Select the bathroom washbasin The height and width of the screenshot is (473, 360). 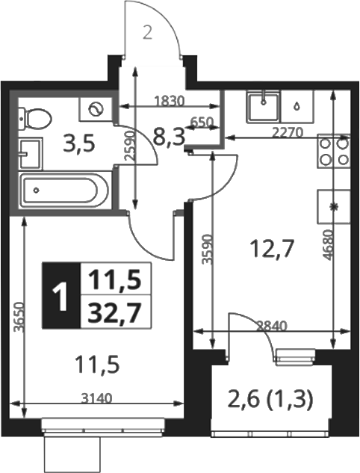[x=30, y=154]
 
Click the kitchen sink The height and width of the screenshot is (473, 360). [x=263, y=107]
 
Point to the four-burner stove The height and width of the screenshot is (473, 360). [x=333, y=151]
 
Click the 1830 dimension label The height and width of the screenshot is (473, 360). [x=169, y=101]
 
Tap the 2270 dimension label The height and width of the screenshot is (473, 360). [x=287, y=132]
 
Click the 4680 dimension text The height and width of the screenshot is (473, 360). [x=327, y=245]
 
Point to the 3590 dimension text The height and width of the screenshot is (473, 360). [x=208, y=249]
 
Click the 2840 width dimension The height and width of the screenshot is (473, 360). [x=271, y=326]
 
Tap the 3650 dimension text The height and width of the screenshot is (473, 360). [x=19, y=317]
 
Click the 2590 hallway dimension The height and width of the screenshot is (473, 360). [x=129, y=145]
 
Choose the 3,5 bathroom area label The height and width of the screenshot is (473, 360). [x=78, y=144]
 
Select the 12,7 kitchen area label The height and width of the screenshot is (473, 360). [x=272, y=249]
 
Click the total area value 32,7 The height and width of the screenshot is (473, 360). [x=116, y=312]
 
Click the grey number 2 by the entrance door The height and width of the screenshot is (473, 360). [x=147, y=33]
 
